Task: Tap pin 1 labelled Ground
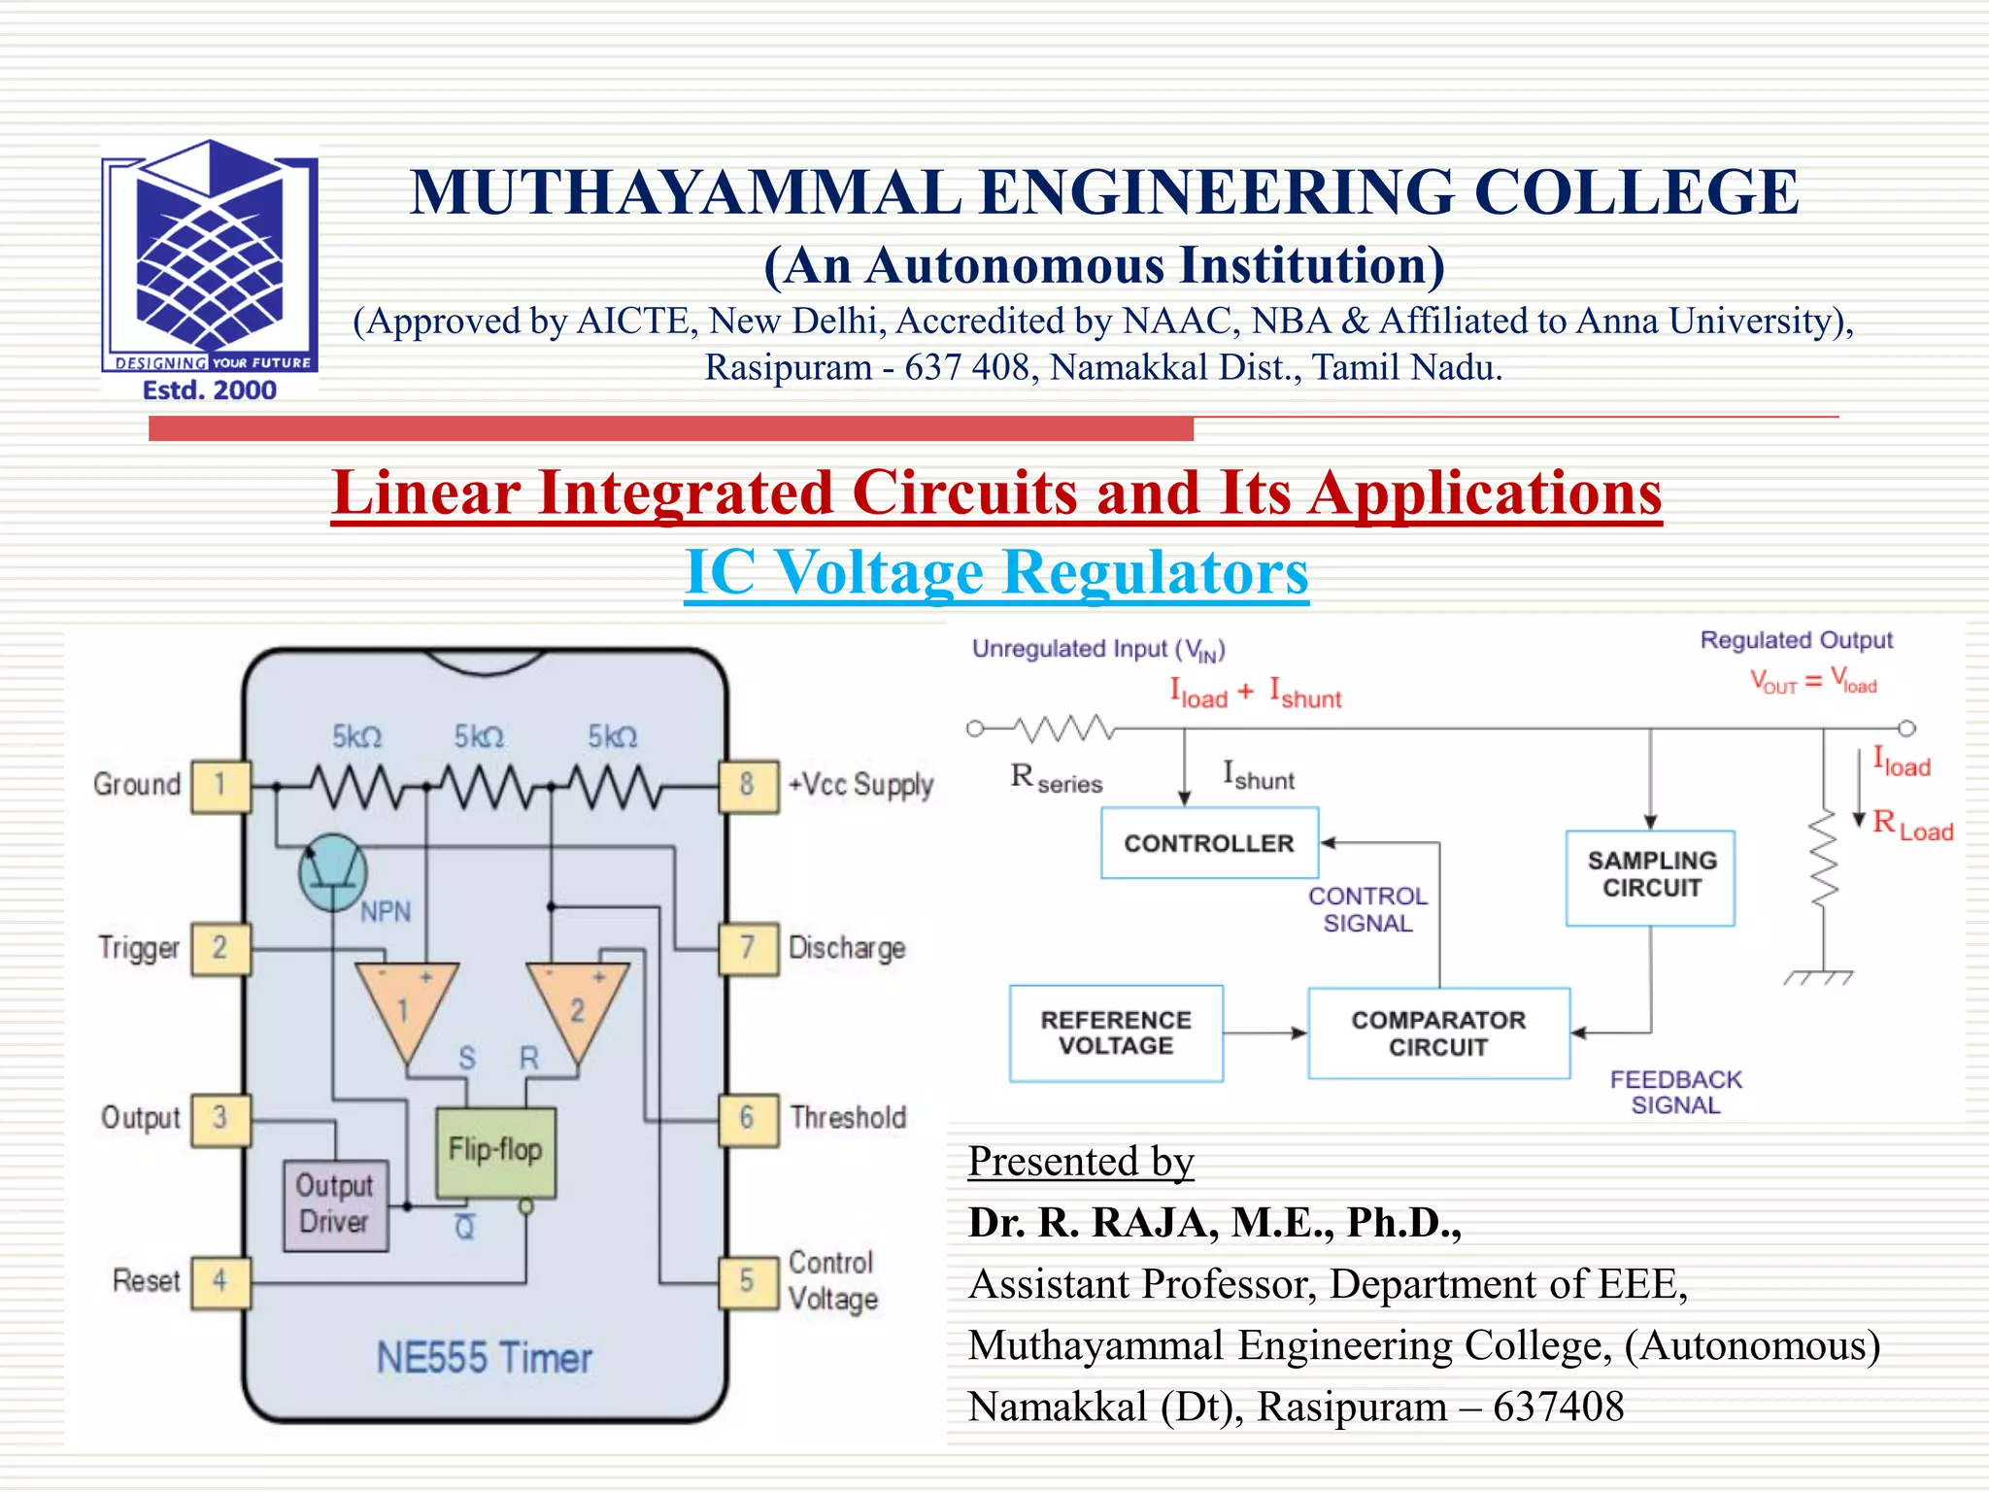click(220, 785)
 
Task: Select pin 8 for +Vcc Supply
click(747, 785)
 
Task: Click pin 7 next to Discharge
click(747, 948)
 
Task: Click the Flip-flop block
click(495, 1152)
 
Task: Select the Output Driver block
click(335, 1204)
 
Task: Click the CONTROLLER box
click(1209, 843)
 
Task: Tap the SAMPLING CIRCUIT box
click(1650, 876)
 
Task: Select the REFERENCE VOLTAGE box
click(1116, 1034)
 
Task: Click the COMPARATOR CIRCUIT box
click(1438, 1034)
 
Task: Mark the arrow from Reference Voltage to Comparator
click(1264, 1034)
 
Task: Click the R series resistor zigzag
click(1063, 728)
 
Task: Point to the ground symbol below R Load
click(1819, 977)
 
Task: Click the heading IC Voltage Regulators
click(996, 572)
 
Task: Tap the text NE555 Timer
click(484, 1358)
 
